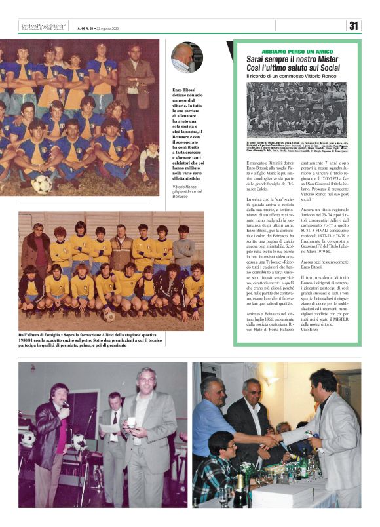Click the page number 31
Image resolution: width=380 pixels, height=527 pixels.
354,26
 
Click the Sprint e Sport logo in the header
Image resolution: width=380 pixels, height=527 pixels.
43,27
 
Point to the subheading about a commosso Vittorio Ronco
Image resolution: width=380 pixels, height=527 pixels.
285,80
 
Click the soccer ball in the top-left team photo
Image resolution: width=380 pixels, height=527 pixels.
42,184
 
